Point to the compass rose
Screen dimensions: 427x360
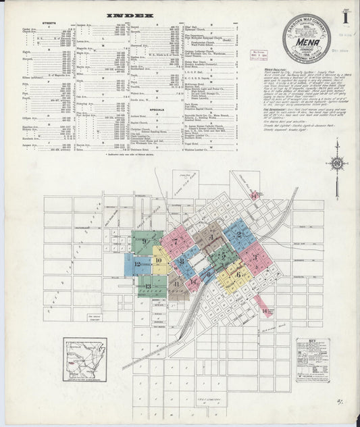click(x=336, y=164)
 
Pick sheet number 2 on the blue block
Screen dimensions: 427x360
click(x=238, y=234)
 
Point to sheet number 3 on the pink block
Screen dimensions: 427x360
click(x=253, y=255)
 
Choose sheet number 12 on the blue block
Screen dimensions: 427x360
click(x=137, y=264)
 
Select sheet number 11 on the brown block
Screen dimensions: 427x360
click(x=177, y=284)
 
